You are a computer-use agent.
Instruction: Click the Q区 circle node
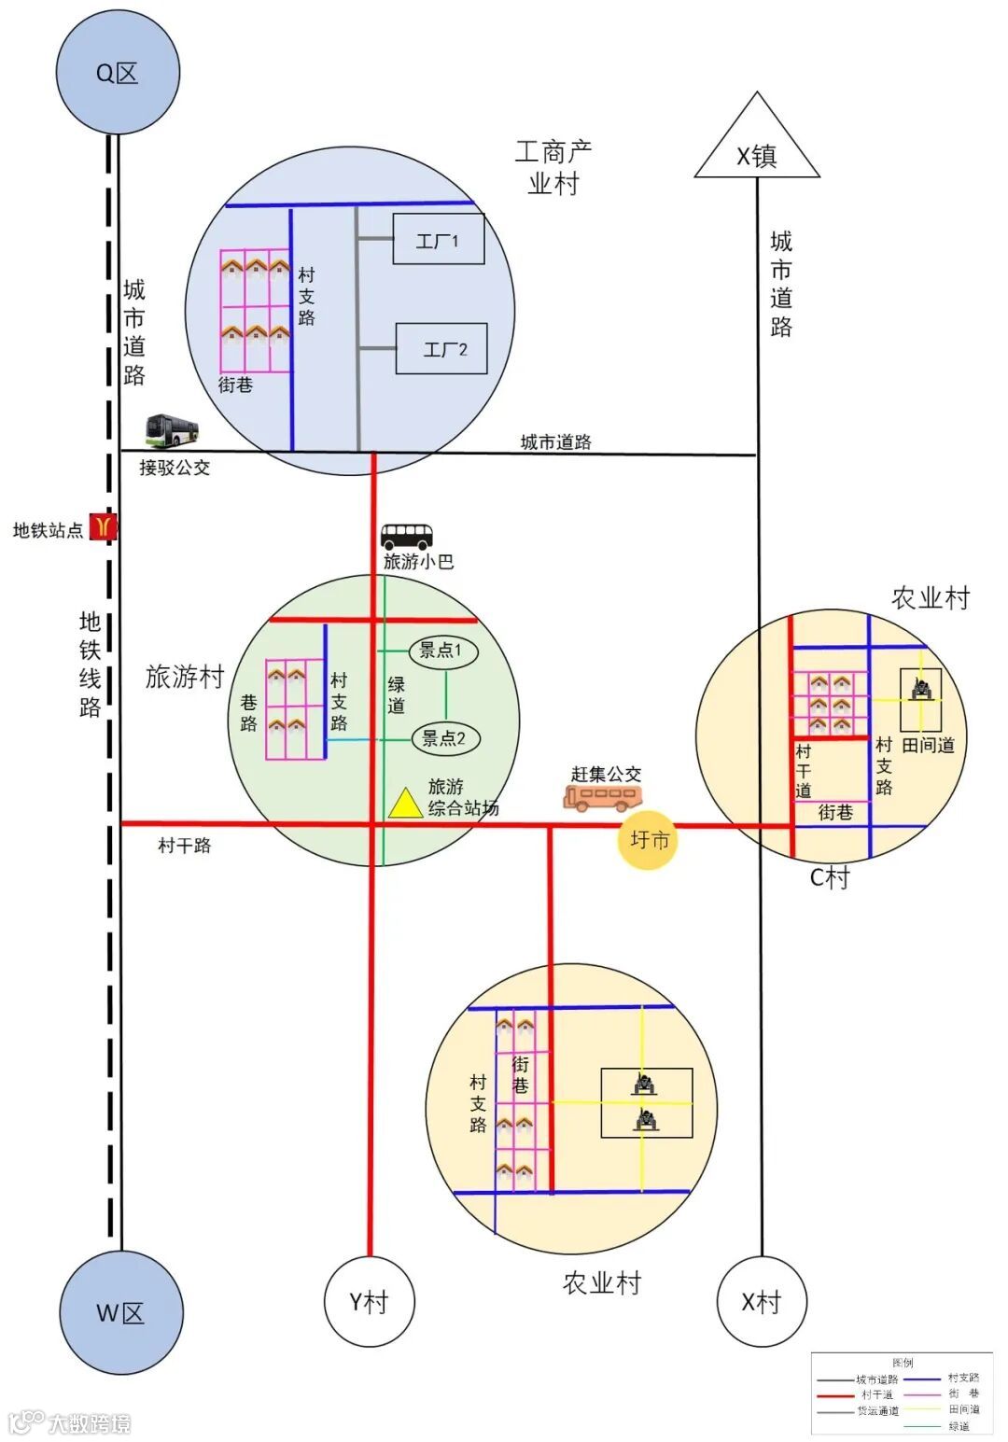[117, 73]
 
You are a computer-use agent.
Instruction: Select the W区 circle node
[120, 1312]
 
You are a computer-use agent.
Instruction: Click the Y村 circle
[369, 1301]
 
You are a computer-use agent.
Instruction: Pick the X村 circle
[761, 1301]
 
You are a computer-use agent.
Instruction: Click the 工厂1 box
[439, 240]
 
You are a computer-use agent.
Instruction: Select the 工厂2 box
[442, 349]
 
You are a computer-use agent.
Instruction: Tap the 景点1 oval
[444, 651]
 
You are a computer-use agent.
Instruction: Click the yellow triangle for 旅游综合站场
[406, 805]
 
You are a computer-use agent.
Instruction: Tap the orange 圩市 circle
[649, 839]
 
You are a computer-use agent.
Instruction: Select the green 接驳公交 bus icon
[173, 429]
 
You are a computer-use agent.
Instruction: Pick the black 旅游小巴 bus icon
[407, 537]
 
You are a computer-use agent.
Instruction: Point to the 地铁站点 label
[48, 530]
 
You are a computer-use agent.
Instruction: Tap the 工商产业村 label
[553, 166]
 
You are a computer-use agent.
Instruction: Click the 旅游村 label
[185, 677]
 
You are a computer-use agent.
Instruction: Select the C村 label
[829, 877]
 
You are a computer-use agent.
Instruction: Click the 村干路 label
[184, 846]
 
